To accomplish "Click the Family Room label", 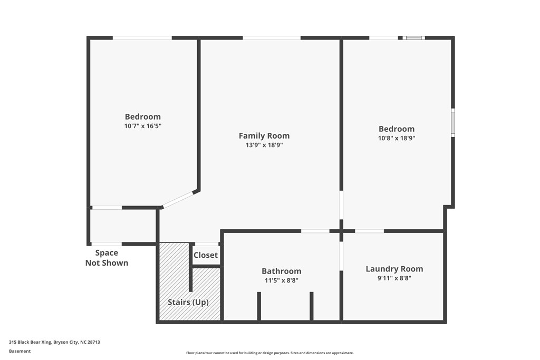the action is tap(264, 135).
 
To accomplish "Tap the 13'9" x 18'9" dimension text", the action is tap(264, 145).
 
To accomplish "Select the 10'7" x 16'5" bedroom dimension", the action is tap(143, 126).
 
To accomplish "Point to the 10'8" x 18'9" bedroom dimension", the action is tap(397, 138).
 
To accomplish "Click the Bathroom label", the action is tap(282, 271).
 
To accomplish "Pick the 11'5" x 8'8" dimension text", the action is tap(282, 280).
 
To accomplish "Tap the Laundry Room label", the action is tap(394, 269).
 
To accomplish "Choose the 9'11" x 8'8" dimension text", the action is tap(394, 278).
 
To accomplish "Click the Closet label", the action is tap(206, 255).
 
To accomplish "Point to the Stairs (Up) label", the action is tap(188, 302).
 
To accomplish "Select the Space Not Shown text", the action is tap(107, 258).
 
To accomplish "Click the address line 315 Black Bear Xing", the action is tap(54, 342).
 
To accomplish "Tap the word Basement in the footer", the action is tap(20, 351).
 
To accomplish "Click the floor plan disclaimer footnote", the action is tap(270, 353).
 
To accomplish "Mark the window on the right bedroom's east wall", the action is tap(453, 122).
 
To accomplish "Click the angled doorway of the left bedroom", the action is tap(178, 199).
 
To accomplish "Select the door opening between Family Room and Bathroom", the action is tap(315, 231).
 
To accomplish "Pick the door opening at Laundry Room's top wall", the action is tap(369, 231).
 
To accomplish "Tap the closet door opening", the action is tap(206, 244).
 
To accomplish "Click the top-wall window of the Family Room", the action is tap(272, 38).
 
